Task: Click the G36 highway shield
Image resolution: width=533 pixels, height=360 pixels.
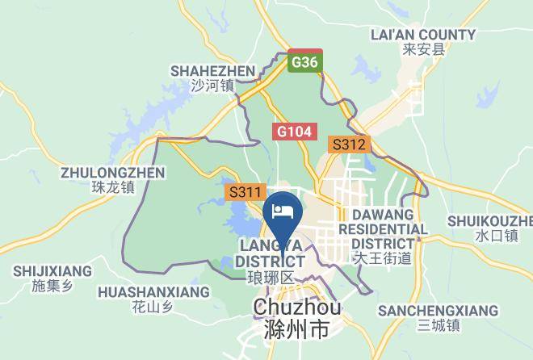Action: point(304,62)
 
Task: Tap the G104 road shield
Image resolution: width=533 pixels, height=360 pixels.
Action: point(295,131)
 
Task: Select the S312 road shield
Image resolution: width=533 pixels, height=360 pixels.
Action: point(349,145)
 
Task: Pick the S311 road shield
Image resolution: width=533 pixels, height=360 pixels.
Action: point(246,192)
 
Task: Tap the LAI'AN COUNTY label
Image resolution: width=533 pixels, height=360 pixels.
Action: point(422,35)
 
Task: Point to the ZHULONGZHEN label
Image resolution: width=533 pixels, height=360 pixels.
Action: point(113,173)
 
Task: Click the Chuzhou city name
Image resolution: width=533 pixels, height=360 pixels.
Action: point(297,308)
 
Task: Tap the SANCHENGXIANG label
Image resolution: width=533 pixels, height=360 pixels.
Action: point(438,311)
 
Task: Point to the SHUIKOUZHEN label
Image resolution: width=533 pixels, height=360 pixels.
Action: point(490,221)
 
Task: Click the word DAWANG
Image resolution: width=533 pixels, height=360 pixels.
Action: point(382,215)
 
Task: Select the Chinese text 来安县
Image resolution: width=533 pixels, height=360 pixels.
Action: point(423,49)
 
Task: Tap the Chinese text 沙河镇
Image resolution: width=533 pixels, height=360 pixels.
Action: point(212,86)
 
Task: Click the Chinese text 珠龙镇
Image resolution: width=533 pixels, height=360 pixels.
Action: point(112,187)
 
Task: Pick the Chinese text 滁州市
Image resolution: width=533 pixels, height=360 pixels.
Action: point(296,329)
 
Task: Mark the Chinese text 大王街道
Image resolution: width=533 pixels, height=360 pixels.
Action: point(382,258)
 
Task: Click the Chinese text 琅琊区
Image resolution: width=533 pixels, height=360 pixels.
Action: point(270,278)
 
